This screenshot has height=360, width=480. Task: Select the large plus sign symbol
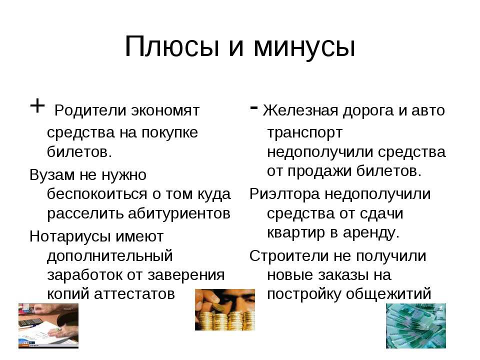[37, 106]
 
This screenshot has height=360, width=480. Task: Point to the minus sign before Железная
[253, 107]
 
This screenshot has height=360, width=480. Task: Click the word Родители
[90, 110]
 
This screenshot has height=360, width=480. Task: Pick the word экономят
[165, 111]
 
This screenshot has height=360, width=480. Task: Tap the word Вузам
[52, 175]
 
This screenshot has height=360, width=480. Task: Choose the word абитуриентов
[179, 213]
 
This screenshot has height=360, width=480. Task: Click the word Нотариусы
[70, 237]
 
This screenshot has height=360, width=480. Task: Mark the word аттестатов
[134, 294]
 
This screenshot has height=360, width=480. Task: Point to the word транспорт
[304, 133]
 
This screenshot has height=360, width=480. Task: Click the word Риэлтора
[284, 194]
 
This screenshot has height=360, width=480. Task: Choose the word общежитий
[389, 294]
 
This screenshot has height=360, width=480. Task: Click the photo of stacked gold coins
[225, 309]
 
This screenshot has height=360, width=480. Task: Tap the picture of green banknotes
[415, 325]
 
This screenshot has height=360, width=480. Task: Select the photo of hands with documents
[48, 325]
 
